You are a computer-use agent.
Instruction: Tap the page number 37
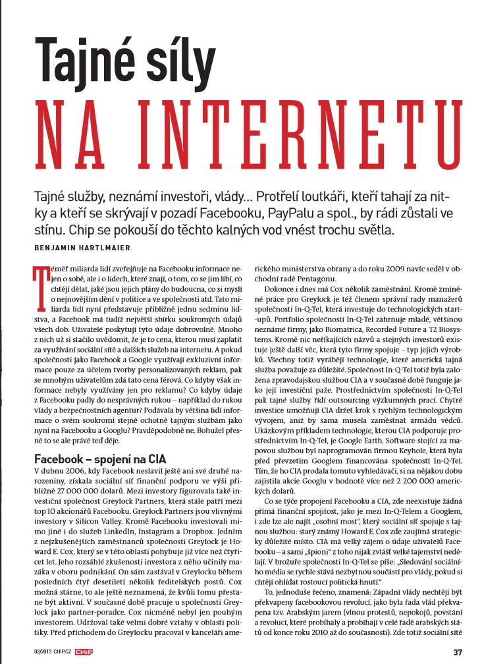click(x=458, y=651)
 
